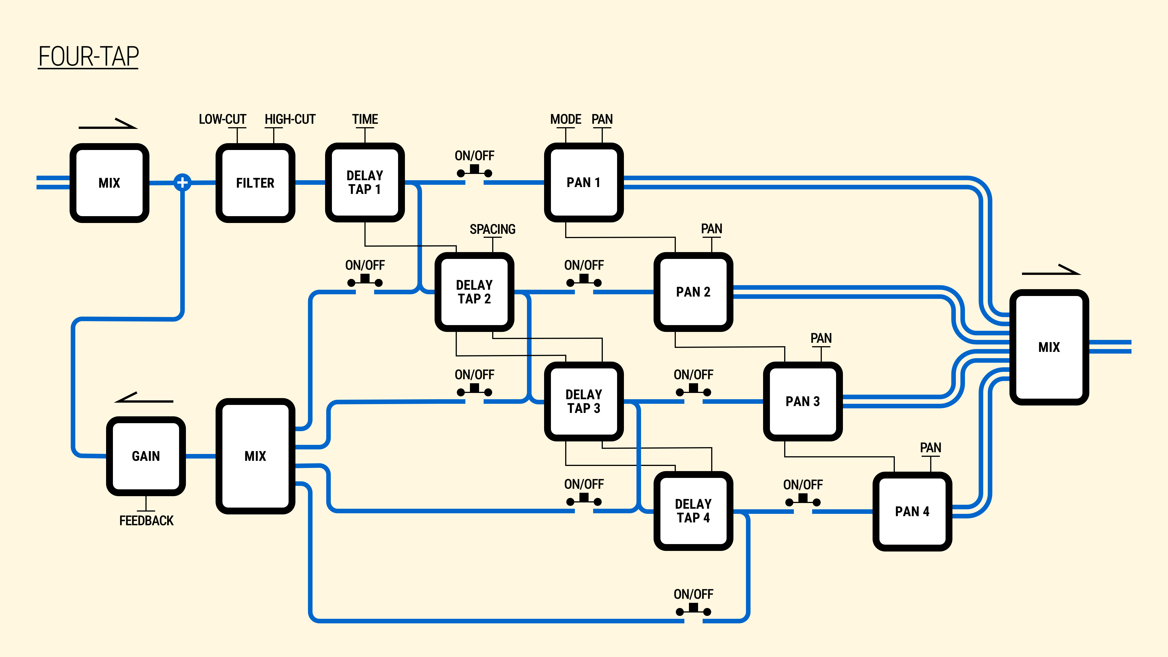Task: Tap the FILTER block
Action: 255,183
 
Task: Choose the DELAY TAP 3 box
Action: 583,401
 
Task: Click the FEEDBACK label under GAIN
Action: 146,520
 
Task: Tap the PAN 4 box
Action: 912,512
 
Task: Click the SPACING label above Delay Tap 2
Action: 492,229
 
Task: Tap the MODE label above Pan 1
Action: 565,119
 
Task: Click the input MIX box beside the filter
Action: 109,183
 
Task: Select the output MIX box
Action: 1049,347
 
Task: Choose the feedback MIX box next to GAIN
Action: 255,456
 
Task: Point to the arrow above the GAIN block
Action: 144,398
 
